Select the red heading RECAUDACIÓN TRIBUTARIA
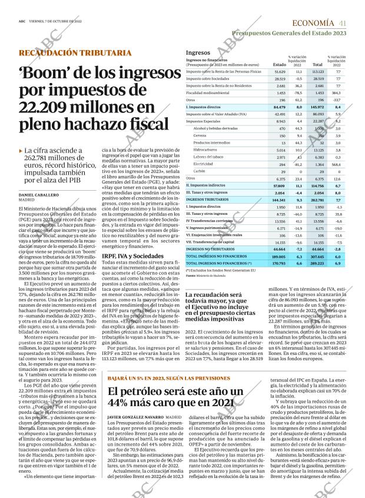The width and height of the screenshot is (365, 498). pos(75,53)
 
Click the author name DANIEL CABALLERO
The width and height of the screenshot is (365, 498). pos(40,194)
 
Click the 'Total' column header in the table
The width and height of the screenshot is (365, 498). pos(317,64)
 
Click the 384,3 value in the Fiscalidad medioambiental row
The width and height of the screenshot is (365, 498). pos(336,93)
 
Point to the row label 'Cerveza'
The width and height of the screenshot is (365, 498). pos(200,135)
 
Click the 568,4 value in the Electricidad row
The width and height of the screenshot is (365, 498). pos(336,164)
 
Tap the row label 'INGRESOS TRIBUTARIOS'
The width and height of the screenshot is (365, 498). pos(209,200)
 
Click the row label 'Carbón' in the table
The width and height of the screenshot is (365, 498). pos(200,171)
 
